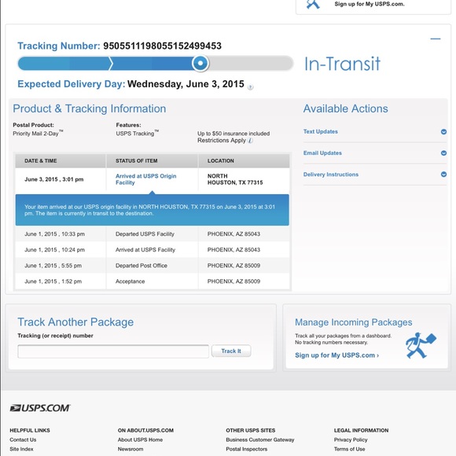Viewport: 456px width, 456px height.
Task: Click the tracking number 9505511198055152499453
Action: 163,46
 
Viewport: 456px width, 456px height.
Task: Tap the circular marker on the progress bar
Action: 200,64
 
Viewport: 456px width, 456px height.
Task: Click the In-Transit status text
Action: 342,64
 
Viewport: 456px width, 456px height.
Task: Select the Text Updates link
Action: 321,131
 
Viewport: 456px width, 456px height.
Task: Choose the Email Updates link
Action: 322,153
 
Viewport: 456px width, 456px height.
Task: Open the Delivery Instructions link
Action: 331,175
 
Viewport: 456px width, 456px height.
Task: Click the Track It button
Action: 231,351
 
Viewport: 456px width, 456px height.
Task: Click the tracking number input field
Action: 113,351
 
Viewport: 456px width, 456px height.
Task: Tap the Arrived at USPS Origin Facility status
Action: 146,179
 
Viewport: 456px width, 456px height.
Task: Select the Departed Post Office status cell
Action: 142,266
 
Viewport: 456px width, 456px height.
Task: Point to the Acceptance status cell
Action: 131,281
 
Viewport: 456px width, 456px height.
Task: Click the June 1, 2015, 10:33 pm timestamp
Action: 55,234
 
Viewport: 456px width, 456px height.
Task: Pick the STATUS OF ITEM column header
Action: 137,160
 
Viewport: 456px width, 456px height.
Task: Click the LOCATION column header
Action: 221,160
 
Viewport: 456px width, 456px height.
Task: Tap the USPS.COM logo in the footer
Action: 40,408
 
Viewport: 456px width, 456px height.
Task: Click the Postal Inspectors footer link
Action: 247,449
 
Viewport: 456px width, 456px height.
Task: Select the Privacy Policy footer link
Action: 351,439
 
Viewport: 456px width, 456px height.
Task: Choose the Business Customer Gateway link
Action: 260,439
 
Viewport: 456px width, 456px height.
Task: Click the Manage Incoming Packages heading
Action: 353,322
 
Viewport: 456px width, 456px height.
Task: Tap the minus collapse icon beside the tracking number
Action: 435,38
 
